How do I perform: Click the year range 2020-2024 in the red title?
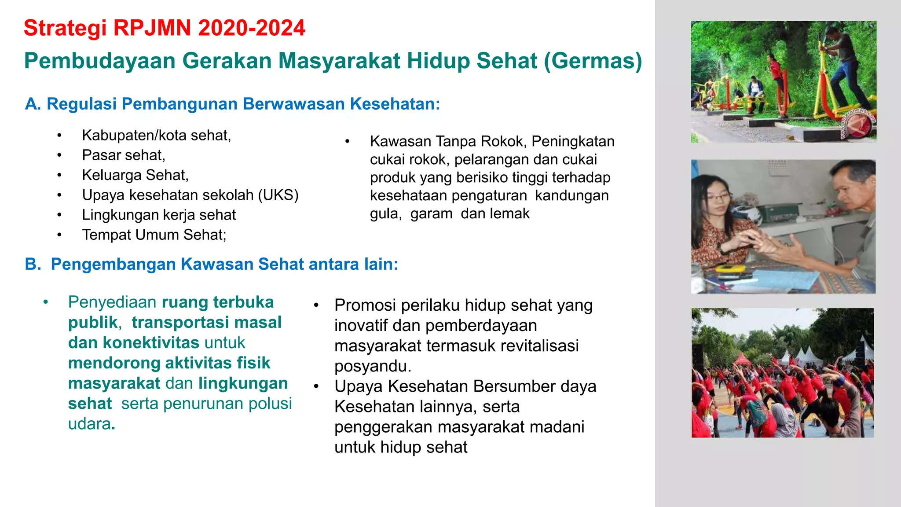point(252,28)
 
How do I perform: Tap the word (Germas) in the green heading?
point(593,61)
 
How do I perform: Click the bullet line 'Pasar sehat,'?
point(124,155)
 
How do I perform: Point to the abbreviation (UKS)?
point(278,195)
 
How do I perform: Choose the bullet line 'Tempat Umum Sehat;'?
point(154,235)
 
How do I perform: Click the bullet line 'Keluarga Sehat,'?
point(135,175)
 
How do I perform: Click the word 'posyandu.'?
point(373,366)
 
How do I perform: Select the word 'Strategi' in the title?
point(65,28)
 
